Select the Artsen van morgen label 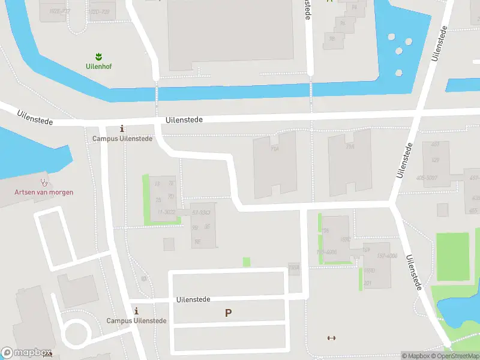44,192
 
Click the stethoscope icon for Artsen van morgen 44,182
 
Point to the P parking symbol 228,313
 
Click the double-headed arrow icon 331,338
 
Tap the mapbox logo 27,353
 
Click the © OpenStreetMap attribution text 458,356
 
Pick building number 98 331,39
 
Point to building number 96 343,23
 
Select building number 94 354,8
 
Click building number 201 367,283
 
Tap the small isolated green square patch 247,262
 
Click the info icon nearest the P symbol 136,311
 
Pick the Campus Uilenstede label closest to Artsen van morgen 122,138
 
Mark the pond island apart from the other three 399,73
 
